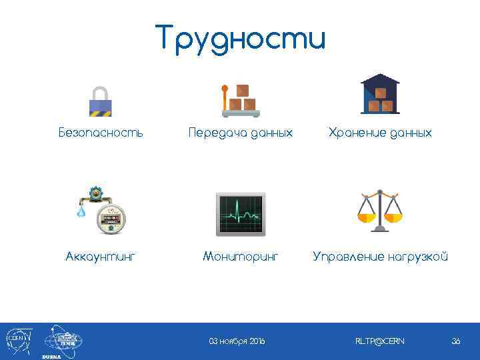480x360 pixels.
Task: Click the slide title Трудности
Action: click(241, 38)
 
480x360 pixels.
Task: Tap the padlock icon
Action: click(101, 101)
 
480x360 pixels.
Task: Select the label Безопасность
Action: click(101, 133)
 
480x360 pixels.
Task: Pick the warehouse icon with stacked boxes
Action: click(380, 94)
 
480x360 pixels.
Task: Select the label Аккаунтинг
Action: click(101, 257)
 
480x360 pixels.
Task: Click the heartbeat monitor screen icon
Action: click(241, 214)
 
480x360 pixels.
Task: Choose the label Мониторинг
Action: click(241, 257)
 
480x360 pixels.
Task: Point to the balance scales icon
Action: click(379, 210)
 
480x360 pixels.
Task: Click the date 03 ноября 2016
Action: click(237, 341)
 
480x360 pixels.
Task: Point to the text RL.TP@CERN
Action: click(379, 341)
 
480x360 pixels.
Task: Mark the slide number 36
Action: click(456, 341)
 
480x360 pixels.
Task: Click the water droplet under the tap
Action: click(81, 211)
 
